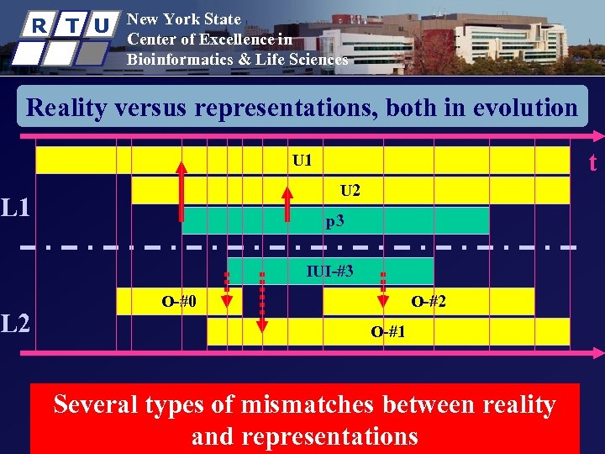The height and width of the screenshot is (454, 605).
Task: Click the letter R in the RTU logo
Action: click(38, 25)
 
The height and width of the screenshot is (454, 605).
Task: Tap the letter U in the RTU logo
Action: click(101, 25)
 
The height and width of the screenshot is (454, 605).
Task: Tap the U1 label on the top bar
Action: click(302, 160)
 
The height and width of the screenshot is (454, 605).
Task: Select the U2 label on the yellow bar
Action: click(350, 191)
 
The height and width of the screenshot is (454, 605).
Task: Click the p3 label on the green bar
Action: click(335, 222)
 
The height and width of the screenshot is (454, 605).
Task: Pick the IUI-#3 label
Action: click(330, 271)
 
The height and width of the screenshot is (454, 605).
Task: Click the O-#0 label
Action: click(179, 301)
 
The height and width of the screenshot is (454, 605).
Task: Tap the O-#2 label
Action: click(428, 301)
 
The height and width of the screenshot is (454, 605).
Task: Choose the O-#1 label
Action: click(388, 331)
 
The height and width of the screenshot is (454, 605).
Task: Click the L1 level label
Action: click(16, 206)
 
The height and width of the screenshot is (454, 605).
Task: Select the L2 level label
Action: click(16, 322)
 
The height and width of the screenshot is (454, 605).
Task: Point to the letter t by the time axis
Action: click(592, 161)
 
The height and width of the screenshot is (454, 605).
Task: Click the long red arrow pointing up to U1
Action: click(181, 190)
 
